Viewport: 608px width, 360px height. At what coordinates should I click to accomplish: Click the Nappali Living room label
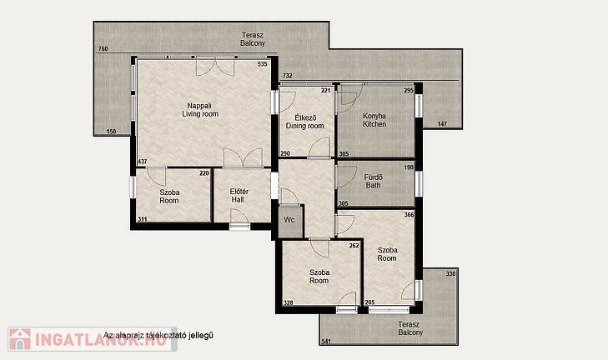pyautogui.click(x=200, y=110)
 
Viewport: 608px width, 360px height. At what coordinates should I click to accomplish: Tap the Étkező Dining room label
pyautogui.click(x=304, y=122)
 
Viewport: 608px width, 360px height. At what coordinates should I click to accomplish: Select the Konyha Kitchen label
pyautogui.click(x=374, y=120)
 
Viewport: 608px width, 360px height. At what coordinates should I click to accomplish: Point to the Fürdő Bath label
pyautogui.click(x=374, y=182)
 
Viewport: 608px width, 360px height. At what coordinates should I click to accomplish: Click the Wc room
pyautogui.click(x=289, y=220)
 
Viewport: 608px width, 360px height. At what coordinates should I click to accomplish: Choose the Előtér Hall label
pyautogui.click(x=239, y=196)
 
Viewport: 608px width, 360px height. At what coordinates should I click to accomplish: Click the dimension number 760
pyautogui.click(x=103, y=49)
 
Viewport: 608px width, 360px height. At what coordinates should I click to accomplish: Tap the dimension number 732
pyautogui.click(x=288, y=76)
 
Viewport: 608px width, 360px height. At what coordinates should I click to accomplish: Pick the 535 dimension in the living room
pyautogui.click(x=263, y=64)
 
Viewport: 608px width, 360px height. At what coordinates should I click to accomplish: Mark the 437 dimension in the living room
pyautogui.click(x=143, y=161)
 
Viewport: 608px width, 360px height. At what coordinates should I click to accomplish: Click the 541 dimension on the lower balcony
pyautogui.click(x=326, y=342)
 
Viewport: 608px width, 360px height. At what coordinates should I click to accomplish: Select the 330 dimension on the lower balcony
pyautogui.click(x=450, y=273)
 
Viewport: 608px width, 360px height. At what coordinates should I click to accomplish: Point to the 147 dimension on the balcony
pyautogui.click(x=442, y=124)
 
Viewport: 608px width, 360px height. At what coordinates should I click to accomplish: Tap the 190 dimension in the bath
pyautogui.click(x=409, y=167)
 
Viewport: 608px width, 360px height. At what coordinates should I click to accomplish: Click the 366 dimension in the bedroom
pyautogui.click(x=409, y=215)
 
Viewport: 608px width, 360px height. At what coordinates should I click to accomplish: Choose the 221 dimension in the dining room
pyautogui.click(x=326, y=90)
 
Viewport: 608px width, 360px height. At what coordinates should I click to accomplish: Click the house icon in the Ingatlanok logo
pyautogui.click(x=20, y=339)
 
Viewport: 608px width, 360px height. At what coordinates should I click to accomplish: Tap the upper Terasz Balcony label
pyautogui.click(x=253, y=39)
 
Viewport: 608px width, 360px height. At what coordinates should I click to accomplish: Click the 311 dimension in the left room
pyautogui.click(x=143, y=219)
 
